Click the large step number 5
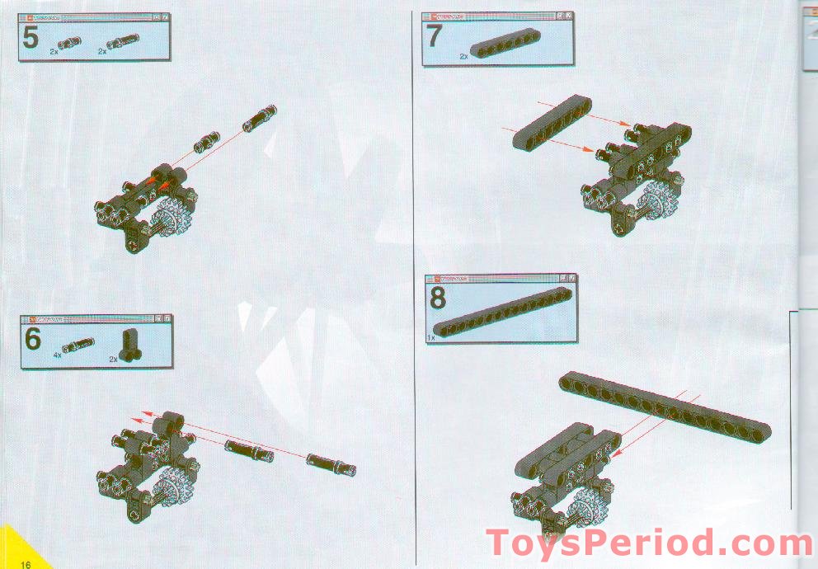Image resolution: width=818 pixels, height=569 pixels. coord(30,38)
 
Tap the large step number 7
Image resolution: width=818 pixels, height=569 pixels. coord(435,37)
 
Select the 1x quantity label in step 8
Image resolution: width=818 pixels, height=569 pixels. coord(430,337)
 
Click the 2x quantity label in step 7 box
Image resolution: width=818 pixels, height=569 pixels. coord(463,57)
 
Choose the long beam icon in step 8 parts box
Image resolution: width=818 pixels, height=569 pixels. coord(502,312)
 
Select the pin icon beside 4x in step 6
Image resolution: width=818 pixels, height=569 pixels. coord(78,345)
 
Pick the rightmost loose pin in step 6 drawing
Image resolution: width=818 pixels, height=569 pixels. coord(331,464)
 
